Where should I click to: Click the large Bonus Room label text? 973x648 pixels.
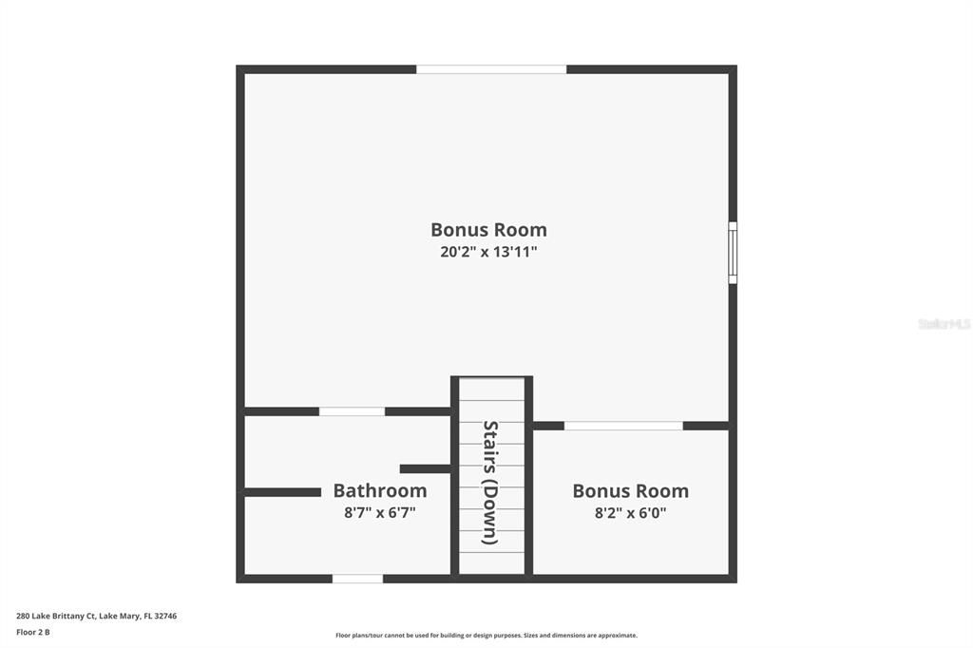(x=488, y=230)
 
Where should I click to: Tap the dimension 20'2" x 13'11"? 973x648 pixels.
(x=488, y=253)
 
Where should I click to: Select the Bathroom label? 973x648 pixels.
(x=379, y=491)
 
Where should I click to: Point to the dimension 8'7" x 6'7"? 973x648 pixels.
(x=379, y=513)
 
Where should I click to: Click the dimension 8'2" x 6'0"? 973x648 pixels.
(x=630, y=513)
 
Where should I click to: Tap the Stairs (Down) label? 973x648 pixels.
(x=490, y=482)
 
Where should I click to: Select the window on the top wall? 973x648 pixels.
(x=491, y=69)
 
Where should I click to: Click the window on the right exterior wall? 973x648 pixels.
(x=732, y=253)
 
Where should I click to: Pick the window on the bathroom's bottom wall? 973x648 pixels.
(x=357, y=578)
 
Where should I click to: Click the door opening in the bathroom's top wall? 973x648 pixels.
(x=352, y=411)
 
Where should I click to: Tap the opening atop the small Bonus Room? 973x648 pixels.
(x=623, y=426)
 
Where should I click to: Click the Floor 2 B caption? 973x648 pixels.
(x=33, y=631)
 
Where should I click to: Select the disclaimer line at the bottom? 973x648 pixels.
(x=486, y=636)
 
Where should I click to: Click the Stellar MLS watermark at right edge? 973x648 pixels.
(x=944, y=324)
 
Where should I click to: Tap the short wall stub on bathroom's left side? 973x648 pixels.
(x=282, y=492)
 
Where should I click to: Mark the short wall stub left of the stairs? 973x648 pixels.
(x=425, y=468)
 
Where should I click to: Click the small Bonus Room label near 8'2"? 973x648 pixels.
(x=630, y=491)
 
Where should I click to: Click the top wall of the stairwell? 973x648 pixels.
(x=491, y=379)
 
